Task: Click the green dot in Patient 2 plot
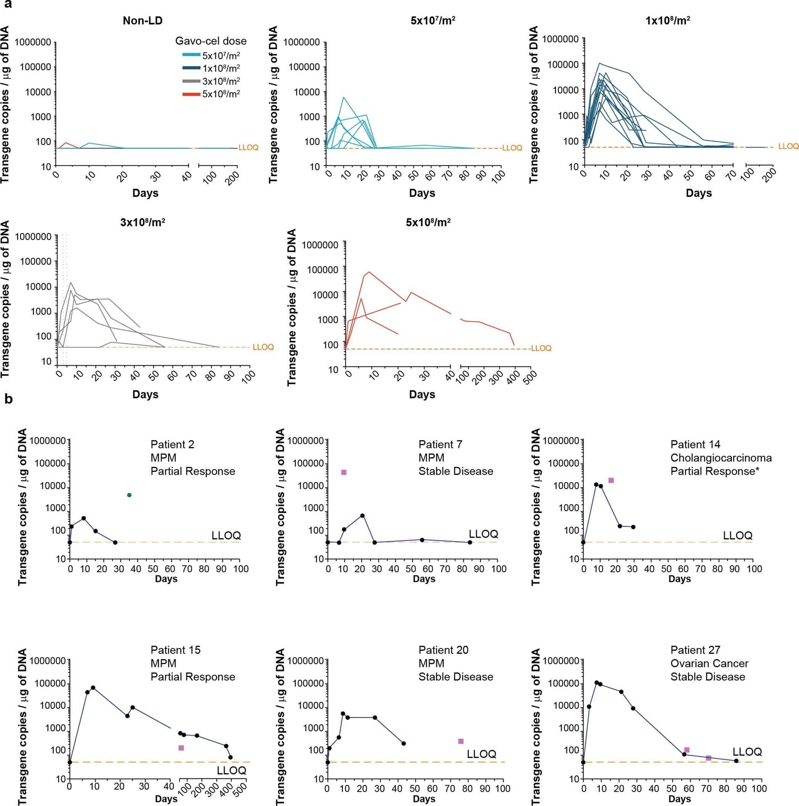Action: tap(129, 495)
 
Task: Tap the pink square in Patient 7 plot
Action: tap(343, 472)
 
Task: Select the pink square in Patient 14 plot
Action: tap(611, 480)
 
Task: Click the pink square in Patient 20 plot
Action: tap(461, 741)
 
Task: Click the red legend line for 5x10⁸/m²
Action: tap(191, 94)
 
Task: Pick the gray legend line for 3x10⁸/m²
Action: tap(191, 81)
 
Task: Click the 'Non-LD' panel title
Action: tap(143, 21)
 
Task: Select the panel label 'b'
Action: tap(8, 399)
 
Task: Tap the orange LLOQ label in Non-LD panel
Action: tap(248, 148)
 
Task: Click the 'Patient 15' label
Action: tap(176, 650)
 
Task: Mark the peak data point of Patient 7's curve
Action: tap(363, 516)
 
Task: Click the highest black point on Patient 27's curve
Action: tap(596, 682)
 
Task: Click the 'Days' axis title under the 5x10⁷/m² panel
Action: tap(422, 193)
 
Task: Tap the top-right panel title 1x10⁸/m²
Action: tap(667, 21)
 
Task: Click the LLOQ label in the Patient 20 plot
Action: tap(481, 754)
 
